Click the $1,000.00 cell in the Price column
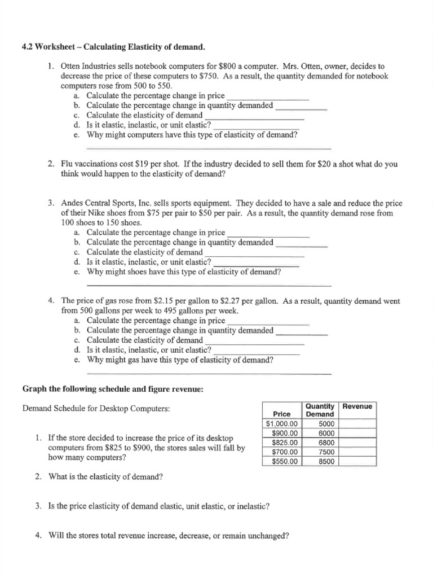282,424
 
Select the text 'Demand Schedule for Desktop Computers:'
95,408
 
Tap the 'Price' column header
281,414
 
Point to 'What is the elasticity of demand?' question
105,477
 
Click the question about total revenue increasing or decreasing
169,536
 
